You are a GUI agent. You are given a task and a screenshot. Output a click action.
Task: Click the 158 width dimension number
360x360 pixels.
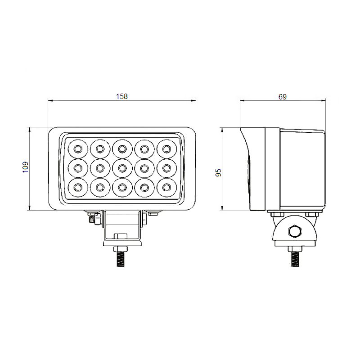click(121, 96)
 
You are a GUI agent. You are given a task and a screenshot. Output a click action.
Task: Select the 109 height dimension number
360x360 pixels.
click(25, 167)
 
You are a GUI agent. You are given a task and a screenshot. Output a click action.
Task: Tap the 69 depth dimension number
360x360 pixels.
click(283, 97)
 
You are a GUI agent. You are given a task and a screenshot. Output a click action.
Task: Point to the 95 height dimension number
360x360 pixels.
click(218, 172)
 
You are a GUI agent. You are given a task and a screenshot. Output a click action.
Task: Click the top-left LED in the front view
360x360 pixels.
click(78, 149)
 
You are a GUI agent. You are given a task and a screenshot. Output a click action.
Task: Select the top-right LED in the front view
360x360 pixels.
click(166, 149)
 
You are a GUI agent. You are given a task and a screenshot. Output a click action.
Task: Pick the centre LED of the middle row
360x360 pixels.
click(122, 168)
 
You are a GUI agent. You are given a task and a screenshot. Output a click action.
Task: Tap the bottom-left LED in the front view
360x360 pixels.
click(78, 188)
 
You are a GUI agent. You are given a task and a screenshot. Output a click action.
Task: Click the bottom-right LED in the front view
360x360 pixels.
click(166, 188)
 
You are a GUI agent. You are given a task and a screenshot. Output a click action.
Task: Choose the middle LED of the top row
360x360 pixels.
click(122, 149)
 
